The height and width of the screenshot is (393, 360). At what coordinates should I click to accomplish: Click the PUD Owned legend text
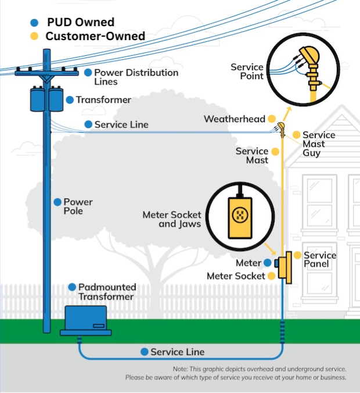tap(80, 23)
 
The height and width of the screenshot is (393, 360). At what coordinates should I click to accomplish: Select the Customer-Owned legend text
tap(95, 36)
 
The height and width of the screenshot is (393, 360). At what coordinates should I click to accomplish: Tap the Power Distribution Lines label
tap(136, 77)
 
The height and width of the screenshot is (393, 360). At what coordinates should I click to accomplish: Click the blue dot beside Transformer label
tap(70, 100)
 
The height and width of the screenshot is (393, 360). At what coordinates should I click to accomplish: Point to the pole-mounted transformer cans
tap(48, 99)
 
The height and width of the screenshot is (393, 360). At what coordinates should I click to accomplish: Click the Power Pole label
tap(78, 206)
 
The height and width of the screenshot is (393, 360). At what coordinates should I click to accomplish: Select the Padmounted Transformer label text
tap(107, 292)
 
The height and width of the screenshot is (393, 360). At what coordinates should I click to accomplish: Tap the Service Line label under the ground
tap(177, 352)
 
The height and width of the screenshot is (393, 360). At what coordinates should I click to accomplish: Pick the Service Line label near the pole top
tap(121, 124)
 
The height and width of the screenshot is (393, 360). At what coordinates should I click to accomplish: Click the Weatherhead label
tap(234, 119)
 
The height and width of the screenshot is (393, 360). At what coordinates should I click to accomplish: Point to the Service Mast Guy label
tap(318, 144)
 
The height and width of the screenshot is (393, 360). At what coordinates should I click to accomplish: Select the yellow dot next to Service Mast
tap(275, 151)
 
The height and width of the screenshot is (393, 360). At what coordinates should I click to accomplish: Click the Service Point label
tap(247, 72)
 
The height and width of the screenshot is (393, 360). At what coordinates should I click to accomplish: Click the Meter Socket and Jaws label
tap(171, 219)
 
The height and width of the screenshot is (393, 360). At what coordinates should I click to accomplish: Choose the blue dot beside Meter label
tap(268, 263)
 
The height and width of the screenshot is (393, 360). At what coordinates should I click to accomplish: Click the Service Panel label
tap(319, 259)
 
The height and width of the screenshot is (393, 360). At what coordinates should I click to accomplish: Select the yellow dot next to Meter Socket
tap(271, 276)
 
